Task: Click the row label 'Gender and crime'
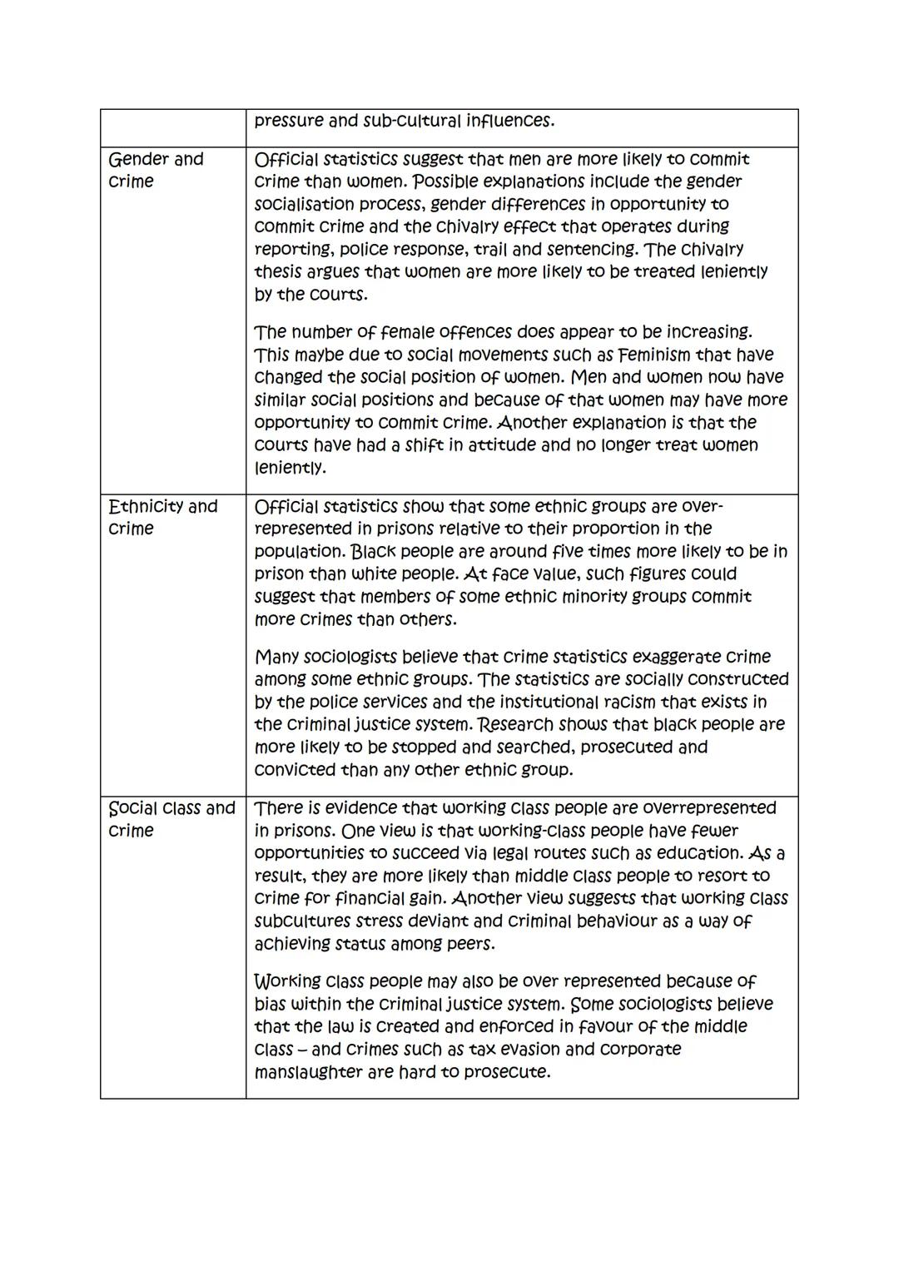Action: (x=156, y=170)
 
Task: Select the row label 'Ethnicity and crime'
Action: (x=162, y=517)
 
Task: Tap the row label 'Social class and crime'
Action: (x=171, y=819)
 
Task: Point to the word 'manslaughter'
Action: (x=308, y=1072)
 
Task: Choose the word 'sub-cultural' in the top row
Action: (x=415, y=121)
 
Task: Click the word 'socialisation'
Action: (x=308, y=204)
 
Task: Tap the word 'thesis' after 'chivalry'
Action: (x=281, y=271)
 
